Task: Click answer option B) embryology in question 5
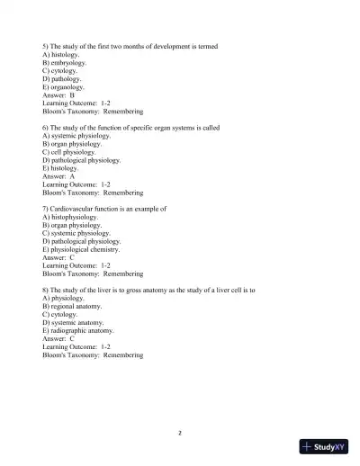point(65,63)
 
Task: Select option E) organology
point(64,87)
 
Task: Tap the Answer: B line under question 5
point(58,95)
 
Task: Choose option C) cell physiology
point(70,152)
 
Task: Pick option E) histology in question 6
point(60,168)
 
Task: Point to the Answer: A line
point(58,176)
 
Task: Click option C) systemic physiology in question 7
point(76,233)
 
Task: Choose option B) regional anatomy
point(71,306)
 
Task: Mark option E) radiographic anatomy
point(78,330)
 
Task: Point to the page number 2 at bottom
point(180,433)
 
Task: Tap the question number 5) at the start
point(46,47)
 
